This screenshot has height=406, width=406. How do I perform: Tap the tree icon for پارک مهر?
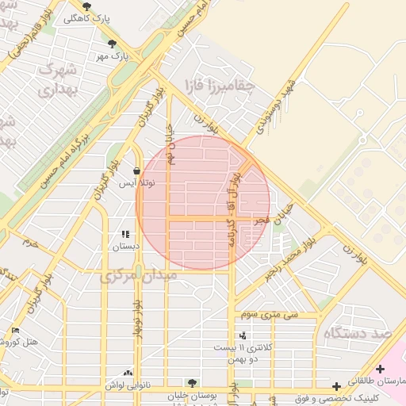112,44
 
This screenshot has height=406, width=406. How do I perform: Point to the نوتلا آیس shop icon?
137,170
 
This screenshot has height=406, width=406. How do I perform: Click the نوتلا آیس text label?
137,183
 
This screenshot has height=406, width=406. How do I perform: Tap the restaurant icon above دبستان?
124,234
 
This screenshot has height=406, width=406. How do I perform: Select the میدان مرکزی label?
130,277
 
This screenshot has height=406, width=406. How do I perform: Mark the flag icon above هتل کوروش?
15,330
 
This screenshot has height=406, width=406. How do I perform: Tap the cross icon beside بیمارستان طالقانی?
381,369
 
